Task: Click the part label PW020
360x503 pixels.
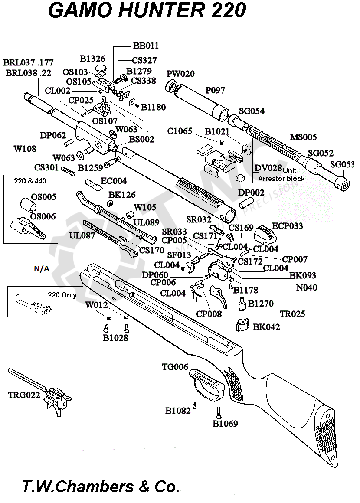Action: (x=180, y=74)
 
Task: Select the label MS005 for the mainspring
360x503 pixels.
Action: (x=303, y=137)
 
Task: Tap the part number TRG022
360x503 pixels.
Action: (x=24, y=395)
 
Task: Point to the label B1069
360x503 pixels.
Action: (x=225, y=423)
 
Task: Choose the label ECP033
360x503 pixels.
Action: (x=287, y=226)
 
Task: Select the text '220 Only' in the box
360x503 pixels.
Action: (x=62, y=295)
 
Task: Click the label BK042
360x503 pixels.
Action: (x=266, y=327)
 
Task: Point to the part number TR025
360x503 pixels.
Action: (x=292, y=314)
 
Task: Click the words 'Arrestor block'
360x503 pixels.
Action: (x=281, y=179)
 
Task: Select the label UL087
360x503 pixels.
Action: (x=82, y=235)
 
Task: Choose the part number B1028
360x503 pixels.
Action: (x=115, y=337)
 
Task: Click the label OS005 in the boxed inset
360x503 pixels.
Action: (x=43, y=197)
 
